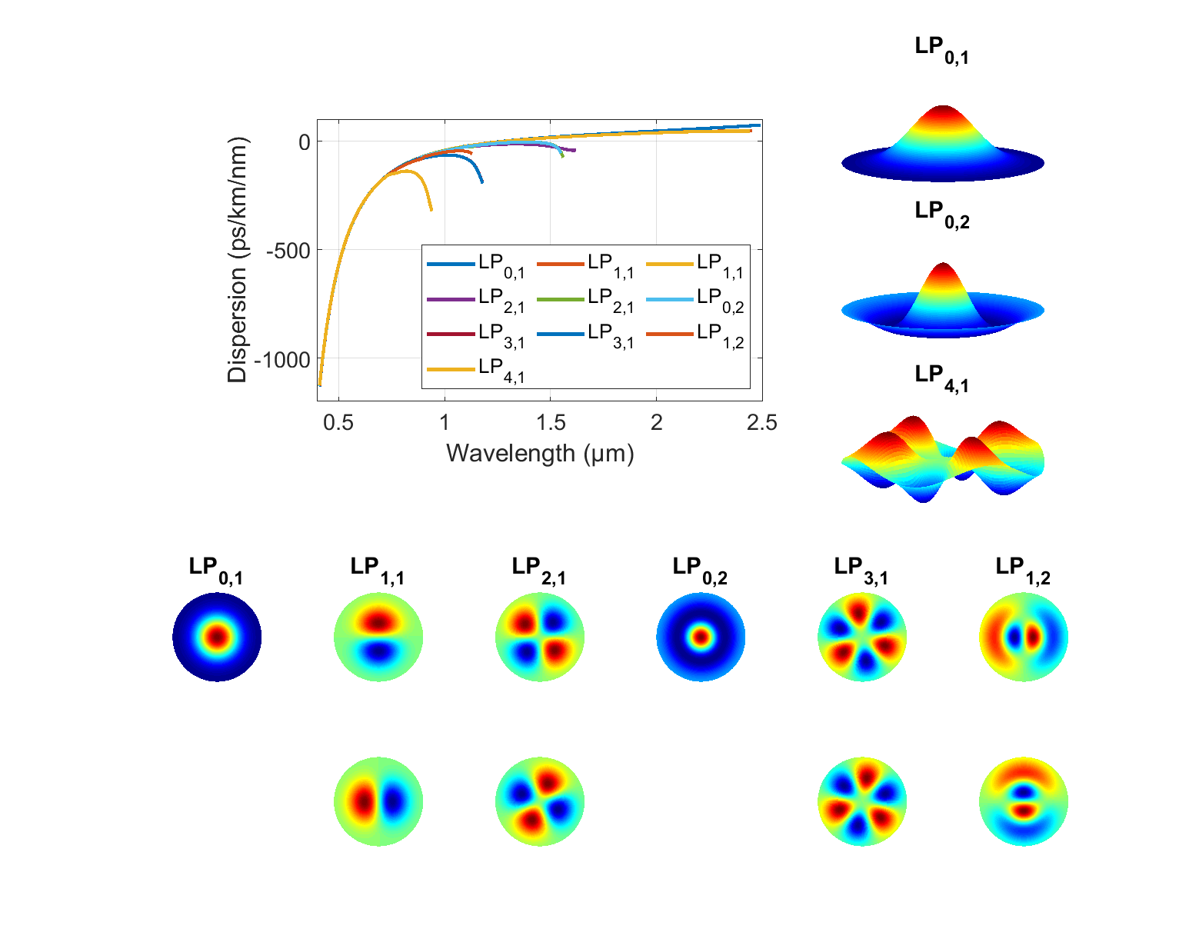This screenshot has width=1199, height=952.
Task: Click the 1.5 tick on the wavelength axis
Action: [x=551, y=423]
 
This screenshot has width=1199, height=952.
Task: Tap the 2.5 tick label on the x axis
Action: [x=762, y=423]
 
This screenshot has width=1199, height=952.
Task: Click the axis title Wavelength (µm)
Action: [x=540, y=454]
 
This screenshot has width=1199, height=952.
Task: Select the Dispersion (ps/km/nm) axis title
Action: [x=238, y=260]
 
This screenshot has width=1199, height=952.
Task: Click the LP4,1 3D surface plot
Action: [x=943, y=458]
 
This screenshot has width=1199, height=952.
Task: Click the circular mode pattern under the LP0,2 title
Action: [x=701, y=637]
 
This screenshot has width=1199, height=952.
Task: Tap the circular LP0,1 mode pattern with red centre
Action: [x=217, y=637]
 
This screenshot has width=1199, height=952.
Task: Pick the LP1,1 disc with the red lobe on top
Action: [x=378, y=637]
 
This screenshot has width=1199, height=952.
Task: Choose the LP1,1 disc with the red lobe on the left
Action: [x=378, y=802]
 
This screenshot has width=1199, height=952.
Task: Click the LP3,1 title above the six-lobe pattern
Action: [x=861, y=570]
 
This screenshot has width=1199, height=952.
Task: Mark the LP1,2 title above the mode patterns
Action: [x=1023, y=570]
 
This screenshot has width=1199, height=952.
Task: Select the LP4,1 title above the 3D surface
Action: [x=942, y=378]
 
